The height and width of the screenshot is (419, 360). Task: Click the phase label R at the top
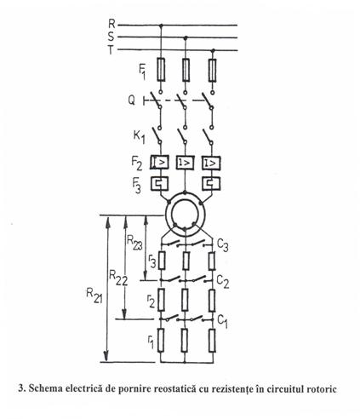tap(111, 24)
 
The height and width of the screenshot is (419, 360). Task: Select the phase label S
tap(111, 37)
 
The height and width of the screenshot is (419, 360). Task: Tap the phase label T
tap(111, 50)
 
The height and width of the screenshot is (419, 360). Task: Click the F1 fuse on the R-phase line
tap(161, 70)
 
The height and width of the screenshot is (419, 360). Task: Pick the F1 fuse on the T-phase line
tap(212, 71)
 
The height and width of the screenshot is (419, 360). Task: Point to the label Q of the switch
tap(132, 100)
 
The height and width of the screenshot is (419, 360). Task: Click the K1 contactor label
tap(140, 137)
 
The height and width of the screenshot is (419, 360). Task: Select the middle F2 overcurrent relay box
tap(186, 163)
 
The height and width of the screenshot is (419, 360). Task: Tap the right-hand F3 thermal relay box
tap(211, 183)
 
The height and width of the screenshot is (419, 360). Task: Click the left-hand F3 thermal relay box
tap(159, 183)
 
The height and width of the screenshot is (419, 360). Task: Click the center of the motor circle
tap(186, 215)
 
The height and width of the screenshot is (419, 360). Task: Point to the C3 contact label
tap(222, 245)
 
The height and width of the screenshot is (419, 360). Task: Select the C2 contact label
tap(223, 282)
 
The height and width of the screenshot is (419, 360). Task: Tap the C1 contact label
tap(222, 321)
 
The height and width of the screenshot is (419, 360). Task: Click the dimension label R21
tap(94, 296)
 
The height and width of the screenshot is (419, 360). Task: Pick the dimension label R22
tap(118, 278)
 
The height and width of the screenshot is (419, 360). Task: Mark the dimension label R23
tap(134, 243)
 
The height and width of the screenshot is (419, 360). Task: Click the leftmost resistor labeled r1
tap(161, 341)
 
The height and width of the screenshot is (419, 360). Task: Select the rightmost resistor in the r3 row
tap(212, 261)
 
